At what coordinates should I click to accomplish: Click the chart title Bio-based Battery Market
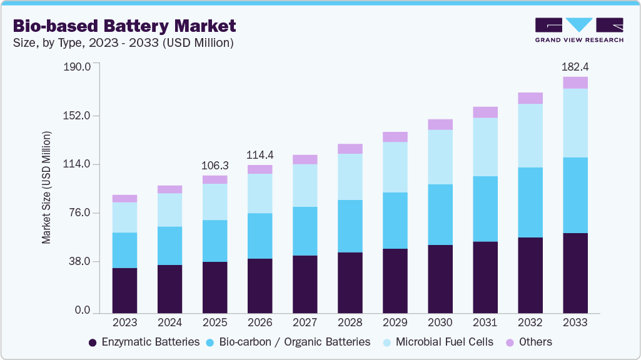124,26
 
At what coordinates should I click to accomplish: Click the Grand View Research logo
579,30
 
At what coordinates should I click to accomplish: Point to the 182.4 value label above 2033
575,67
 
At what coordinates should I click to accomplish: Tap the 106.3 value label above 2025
215,166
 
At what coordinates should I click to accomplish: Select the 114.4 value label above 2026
260,155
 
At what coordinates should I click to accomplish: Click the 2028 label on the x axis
350,323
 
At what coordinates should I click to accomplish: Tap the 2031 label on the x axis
485,323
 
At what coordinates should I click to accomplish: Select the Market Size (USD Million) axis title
46,187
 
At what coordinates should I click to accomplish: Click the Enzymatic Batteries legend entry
144,342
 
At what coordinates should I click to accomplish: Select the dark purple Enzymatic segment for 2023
124,291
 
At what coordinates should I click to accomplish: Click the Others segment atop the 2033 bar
575,82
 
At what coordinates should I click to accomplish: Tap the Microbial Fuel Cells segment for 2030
440,157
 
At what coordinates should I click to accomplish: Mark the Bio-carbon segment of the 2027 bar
305,231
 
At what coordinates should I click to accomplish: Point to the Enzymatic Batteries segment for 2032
530,275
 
